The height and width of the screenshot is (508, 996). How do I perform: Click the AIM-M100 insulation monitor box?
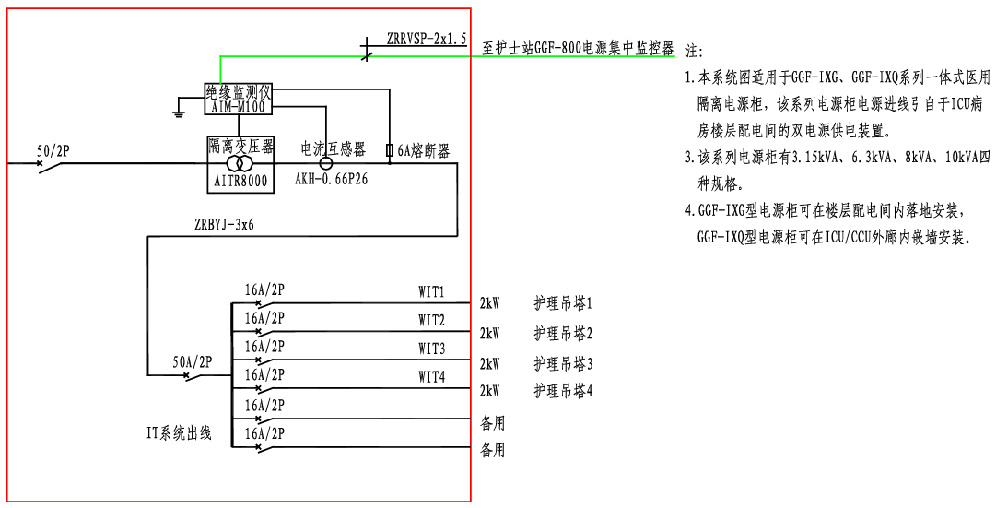(x=239, y=100)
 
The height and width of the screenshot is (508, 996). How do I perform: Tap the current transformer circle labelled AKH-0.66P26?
(x=324, y=162)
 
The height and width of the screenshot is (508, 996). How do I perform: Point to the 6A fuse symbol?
(x=390, y=150)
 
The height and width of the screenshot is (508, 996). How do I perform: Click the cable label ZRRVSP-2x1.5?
(x=427, y=38)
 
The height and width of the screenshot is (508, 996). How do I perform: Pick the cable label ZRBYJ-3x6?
(x=225, y=223)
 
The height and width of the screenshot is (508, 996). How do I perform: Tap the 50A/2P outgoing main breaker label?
(x=193, y=362)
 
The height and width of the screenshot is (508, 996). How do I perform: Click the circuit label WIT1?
(x=431, y=292)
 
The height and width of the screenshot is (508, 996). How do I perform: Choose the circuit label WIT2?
(x=431, y=320)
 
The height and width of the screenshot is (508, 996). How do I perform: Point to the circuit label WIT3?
(x=431, y=349)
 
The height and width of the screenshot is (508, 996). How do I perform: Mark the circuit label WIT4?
(x=431, y=376)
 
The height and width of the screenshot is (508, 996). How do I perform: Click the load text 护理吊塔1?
(x=563, y=303)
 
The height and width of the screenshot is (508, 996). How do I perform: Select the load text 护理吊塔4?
(x=563, y=391)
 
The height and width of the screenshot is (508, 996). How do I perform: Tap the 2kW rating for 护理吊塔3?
(x=489, y=363)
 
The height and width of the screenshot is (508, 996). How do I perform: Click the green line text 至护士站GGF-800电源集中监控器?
(x=579, y=49)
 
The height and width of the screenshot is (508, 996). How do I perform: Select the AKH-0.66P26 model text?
(x=331, y=179)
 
